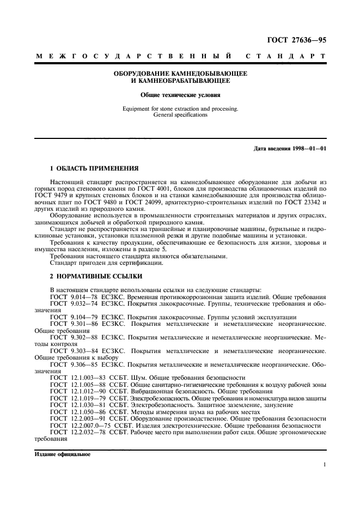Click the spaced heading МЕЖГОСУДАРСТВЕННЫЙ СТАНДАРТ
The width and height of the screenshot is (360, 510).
tap(180, 56)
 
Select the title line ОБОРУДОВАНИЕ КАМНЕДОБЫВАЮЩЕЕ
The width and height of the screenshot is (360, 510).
tap(180, 74)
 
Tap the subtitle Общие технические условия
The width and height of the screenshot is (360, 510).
tap(180, 94)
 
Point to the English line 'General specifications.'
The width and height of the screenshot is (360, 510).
tap(180, 116)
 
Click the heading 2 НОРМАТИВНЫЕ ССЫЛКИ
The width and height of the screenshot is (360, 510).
tap(88, 276)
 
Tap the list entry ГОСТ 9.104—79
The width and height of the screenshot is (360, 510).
tap(74, 317)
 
